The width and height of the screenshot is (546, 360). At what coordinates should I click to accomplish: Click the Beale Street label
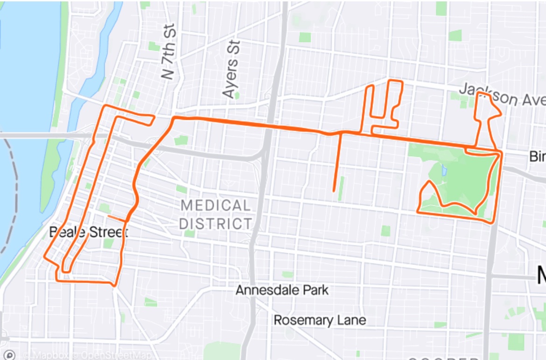click(88, 232)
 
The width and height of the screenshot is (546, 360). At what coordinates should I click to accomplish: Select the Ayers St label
click(231, 69)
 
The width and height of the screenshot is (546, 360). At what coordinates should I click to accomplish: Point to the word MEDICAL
click(215, 206)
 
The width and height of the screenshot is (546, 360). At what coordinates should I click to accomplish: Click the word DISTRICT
click(215, 223)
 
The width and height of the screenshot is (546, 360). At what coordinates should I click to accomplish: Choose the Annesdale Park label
click(282, 290)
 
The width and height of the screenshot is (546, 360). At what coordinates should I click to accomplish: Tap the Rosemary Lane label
click(320, 320)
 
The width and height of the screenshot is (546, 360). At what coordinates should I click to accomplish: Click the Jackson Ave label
click(502, 95)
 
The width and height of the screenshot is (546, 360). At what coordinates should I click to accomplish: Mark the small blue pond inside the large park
click(443, 170)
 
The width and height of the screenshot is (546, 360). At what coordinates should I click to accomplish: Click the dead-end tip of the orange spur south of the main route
click(334, 190)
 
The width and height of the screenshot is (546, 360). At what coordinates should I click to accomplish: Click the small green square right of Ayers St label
click(237, 96)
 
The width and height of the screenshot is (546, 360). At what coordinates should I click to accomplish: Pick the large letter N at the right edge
click(541, 276)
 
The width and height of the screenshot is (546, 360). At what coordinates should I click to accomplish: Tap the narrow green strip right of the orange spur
click(341, 188)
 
